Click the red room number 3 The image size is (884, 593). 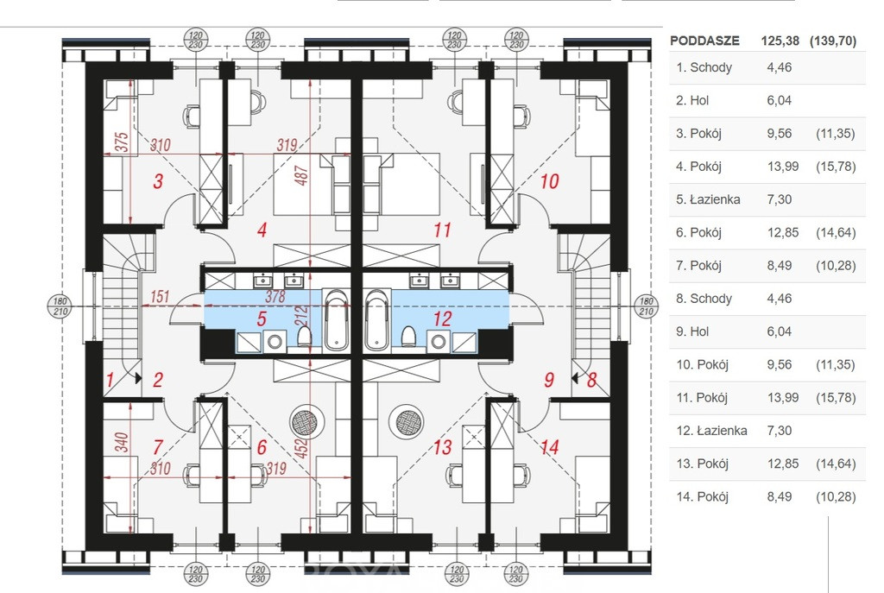coord(159,181)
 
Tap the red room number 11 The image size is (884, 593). coord(443,230)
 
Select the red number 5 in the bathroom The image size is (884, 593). coord(262,319)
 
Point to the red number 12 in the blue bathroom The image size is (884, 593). coord(443,319)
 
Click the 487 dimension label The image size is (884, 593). coord(301,175)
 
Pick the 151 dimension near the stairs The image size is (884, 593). coord(160,297)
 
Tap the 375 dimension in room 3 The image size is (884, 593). coord(122,142)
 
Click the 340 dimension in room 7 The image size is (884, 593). coord(122,443)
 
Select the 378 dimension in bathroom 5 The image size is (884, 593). coord(275,297)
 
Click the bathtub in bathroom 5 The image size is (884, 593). coord(337,319)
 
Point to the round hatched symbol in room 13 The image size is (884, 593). coord(410,422)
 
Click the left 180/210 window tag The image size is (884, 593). coord(60,306)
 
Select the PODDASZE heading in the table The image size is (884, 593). coord(704,41)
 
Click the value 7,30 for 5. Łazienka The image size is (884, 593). coord(780,199)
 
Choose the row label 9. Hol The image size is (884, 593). coord(692,331)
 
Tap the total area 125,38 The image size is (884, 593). coord(780,41)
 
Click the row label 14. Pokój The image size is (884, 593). coord(703,497)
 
